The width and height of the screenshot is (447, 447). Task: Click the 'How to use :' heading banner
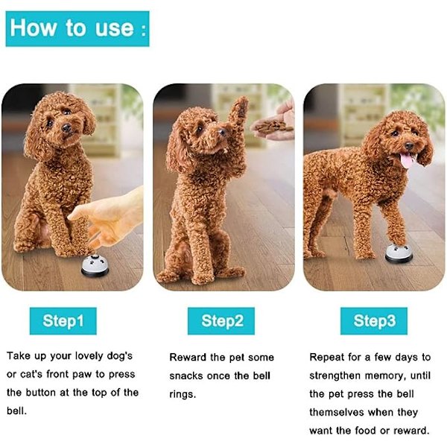pos(77,28)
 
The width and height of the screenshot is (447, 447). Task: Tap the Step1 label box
pos(63,320)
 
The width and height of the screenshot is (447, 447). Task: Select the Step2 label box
pos(221,320)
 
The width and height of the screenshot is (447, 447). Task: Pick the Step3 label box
pos(374,320)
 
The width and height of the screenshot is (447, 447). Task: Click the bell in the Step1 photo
pos(95,266)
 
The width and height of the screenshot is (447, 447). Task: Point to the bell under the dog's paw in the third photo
pos(399,254)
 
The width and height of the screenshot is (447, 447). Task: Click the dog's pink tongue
pos(406,160)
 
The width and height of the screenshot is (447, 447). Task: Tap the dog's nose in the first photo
pos(67,128)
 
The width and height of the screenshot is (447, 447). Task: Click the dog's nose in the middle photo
pos(221,132)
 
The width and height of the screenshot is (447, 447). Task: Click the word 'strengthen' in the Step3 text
pos(335,376)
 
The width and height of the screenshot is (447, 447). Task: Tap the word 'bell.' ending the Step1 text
pos(16,411)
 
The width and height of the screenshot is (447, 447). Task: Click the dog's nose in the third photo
pos(409,146)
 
